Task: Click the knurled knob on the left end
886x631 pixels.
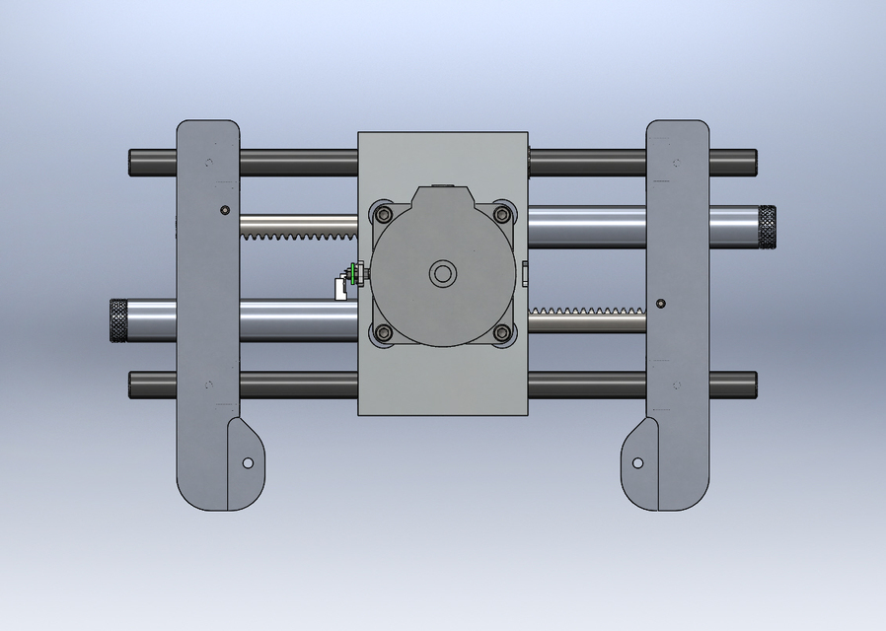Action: click(x=119, y=320)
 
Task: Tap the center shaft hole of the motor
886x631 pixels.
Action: click(x=441, y=273)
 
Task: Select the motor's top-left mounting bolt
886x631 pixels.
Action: click(x=383, y=214)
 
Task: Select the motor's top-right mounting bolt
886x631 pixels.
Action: click(x=502, y=214)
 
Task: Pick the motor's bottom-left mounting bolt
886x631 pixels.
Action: click(x=383, y=333)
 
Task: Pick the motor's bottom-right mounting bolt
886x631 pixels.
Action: click(x=502, y=333)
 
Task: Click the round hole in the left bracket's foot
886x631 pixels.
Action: click(x=248, y=462)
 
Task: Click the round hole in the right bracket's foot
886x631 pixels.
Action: click(x=638, y=462)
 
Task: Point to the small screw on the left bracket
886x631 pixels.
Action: click(x=226, y=210)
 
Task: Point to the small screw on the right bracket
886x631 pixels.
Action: click(x=660, y=303)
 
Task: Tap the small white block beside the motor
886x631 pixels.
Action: click(x=340, y=288)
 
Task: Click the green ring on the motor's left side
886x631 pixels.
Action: click(x=353, y=273)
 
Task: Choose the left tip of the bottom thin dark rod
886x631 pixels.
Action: click(x=133, y=385)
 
